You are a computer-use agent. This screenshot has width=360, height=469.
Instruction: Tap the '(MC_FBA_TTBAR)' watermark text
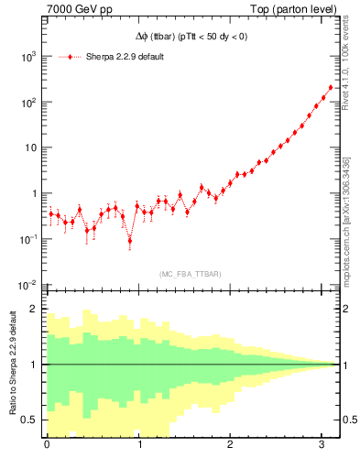tap(190, 274)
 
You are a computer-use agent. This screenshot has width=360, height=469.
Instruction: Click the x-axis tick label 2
tap(229, 445)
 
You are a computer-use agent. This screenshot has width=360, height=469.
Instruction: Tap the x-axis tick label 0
tap(47, 445)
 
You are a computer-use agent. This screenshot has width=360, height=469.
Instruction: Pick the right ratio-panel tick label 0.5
tap(347, 420)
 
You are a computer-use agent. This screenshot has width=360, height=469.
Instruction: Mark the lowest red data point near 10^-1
tap(129, 241)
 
